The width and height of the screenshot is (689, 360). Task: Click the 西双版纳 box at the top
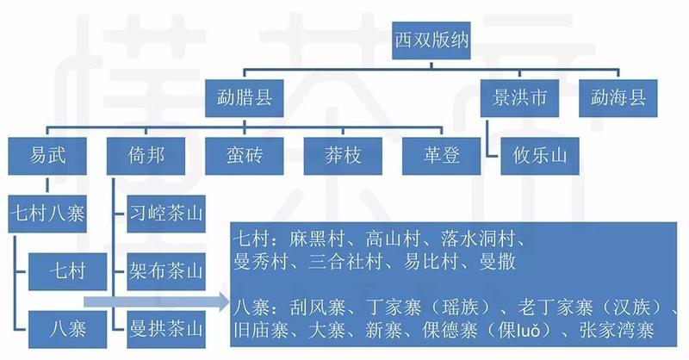click(x=431, y=40)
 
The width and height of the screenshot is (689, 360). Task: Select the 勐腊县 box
click(x=245, y=98)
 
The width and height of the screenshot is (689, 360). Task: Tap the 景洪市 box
click(x=519, y=98)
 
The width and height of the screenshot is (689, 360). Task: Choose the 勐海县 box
click(x=618, y=98)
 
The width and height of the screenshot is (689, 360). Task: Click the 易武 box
click(x=47, y=156)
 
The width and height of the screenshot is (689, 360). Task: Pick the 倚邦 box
click(x=146, y=156)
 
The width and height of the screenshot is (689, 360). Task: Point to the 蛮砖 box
click(x=245, y=156)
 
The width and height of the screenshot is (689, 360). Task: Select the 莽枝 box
click(x=343, y=156)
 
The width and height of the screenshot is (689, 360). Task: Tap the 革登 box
click(x=441, y=156)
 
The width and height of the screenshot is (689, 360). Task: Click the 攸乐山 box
click(x=540, y=156)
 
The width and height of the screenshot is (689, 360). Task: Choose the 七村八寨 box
click(x=47, y=214)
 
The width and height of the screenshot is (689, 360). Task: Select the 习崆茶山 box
click(x=166, y=214)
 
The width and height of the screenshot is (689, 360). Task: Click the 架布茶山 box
click(x=166, y=271)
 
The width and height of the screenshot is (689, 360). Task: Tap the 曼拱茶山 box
click(x=166, y=330)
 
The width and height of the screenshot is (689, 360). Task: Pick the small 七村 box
click(x=68, y=271)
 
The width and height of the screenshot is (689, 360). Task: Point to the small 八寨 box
click(x=68, y=330)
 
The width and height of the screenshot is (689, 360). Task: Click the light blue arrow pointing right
click(x=157, y=302)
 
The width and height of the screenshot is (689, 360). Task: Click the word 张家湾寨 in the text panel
click(x=617, y=330)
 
